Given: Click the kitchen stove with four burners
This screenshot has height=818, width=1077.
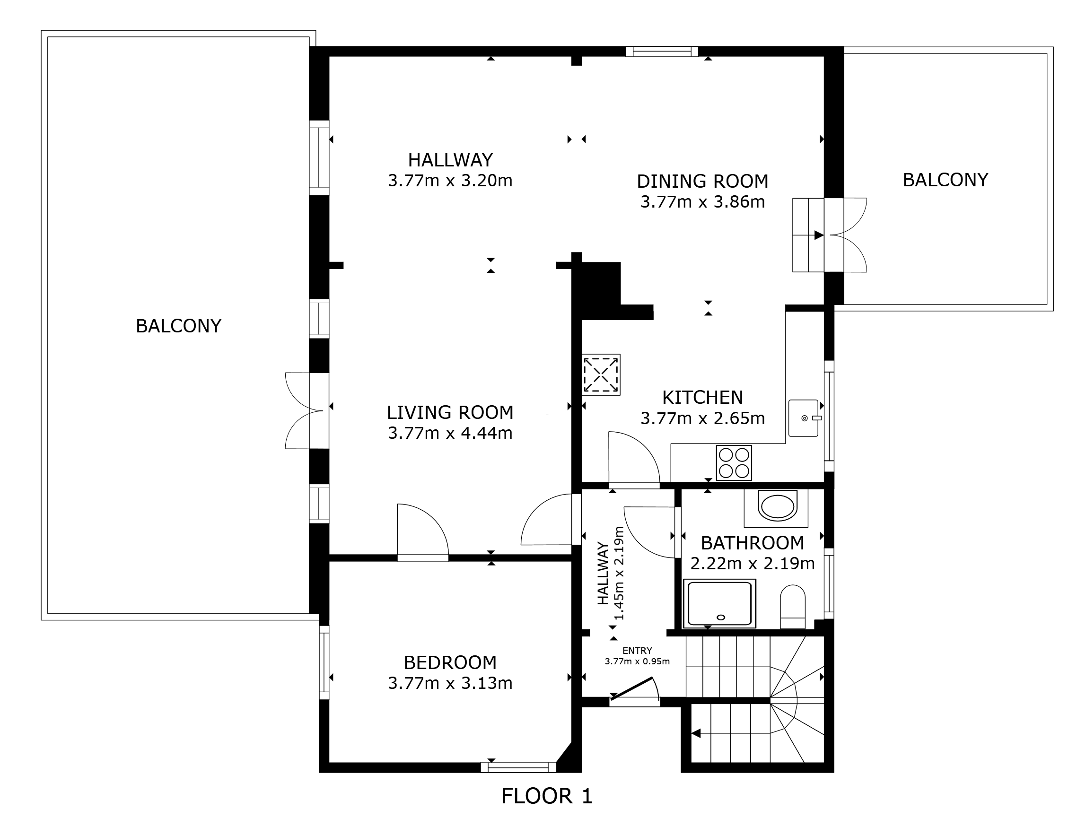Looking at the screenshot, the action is (x=734, y=462).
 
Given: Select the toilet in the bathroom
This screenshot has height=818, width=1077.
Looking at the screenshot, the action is (x=793, y=607).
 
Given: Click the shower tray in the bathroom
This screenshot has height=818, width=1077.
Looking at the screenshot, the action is (x=719, y=603).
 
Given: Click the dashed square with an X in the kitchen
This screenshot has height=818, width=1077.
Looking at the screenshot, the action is (x=601, y=374).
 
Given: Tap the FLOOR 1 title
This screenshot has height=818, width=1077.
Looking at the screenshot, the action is (x=546, y=796).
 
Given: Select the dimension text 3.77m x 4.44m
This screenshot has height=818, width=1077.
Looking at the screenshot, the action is (x=450, y=433).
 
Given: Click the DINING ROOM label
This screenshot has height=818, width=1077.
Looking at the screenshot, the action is (x=702, y=181).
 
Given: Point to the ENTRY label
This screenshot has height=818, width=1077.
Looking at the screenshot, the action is (x=637, y=651).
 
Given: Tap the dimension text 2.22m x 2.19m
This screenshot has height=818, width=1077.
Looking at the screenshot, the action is (x=753, y=563).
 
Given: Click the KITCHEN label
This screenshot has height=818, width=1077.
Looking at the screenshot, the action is (x=702, y=397).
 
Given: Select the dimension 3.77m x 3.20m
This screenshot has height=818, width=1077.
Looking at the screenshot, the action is (x=450, y=181).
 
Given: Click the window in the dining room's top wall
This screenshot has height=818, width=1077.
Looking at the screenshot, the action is (x=662, y=51).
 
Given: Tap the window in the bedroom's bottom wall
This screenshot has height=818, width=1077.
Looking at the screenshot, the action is (x=518, y=767).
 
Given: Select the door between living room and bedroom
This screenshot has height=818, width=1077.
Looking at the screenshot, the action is (x=423, y=531).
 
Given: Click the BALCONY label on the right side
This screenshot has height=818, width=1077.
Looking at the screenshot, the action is (x=946, y=180).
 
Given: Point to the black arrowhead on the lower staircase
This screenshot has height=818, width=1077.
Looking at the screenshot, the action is (x=696, y=733).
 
